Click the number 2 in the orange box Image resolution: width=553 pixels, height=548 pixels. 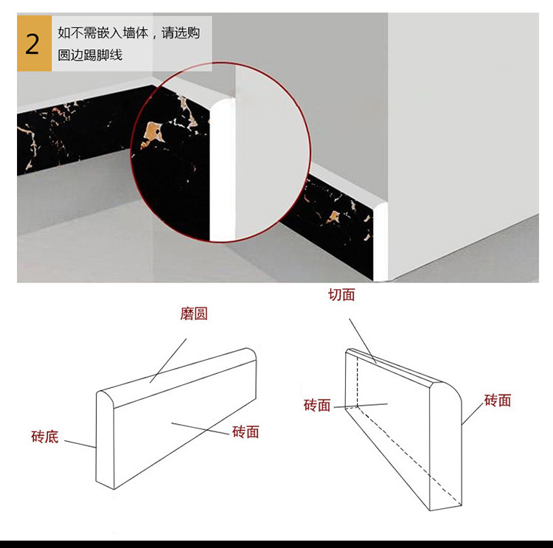click(33, 44)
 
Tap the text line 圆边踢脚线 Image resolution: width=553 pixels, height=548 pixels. click(90, 55)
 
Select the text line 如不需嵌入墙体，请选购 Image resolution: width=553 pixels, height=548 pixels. click(128, 33)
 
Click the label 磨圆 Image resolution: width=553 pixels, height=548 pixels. click(194, 313)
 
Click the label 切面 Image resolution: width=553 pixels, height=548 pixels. click(341, 295)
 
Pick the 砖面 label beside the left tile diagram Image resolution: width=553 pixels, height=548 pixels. click(246, 432)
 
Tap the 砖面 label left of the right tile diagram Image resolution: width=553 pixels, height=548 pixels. click(317, 406)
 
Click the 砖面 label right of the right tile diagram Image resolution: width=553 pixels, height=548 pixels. click(498, 400)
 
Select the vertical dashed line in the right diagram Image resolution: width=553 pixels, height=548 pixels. click(358, 384)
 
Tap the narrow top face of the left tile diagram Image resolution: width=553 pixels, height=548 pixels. click(177, 376)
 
